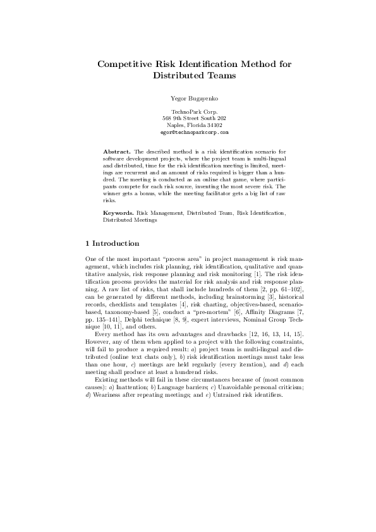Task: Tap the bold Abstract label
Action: coord(116,152)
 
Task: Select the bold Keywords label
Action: coord(118,214)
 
